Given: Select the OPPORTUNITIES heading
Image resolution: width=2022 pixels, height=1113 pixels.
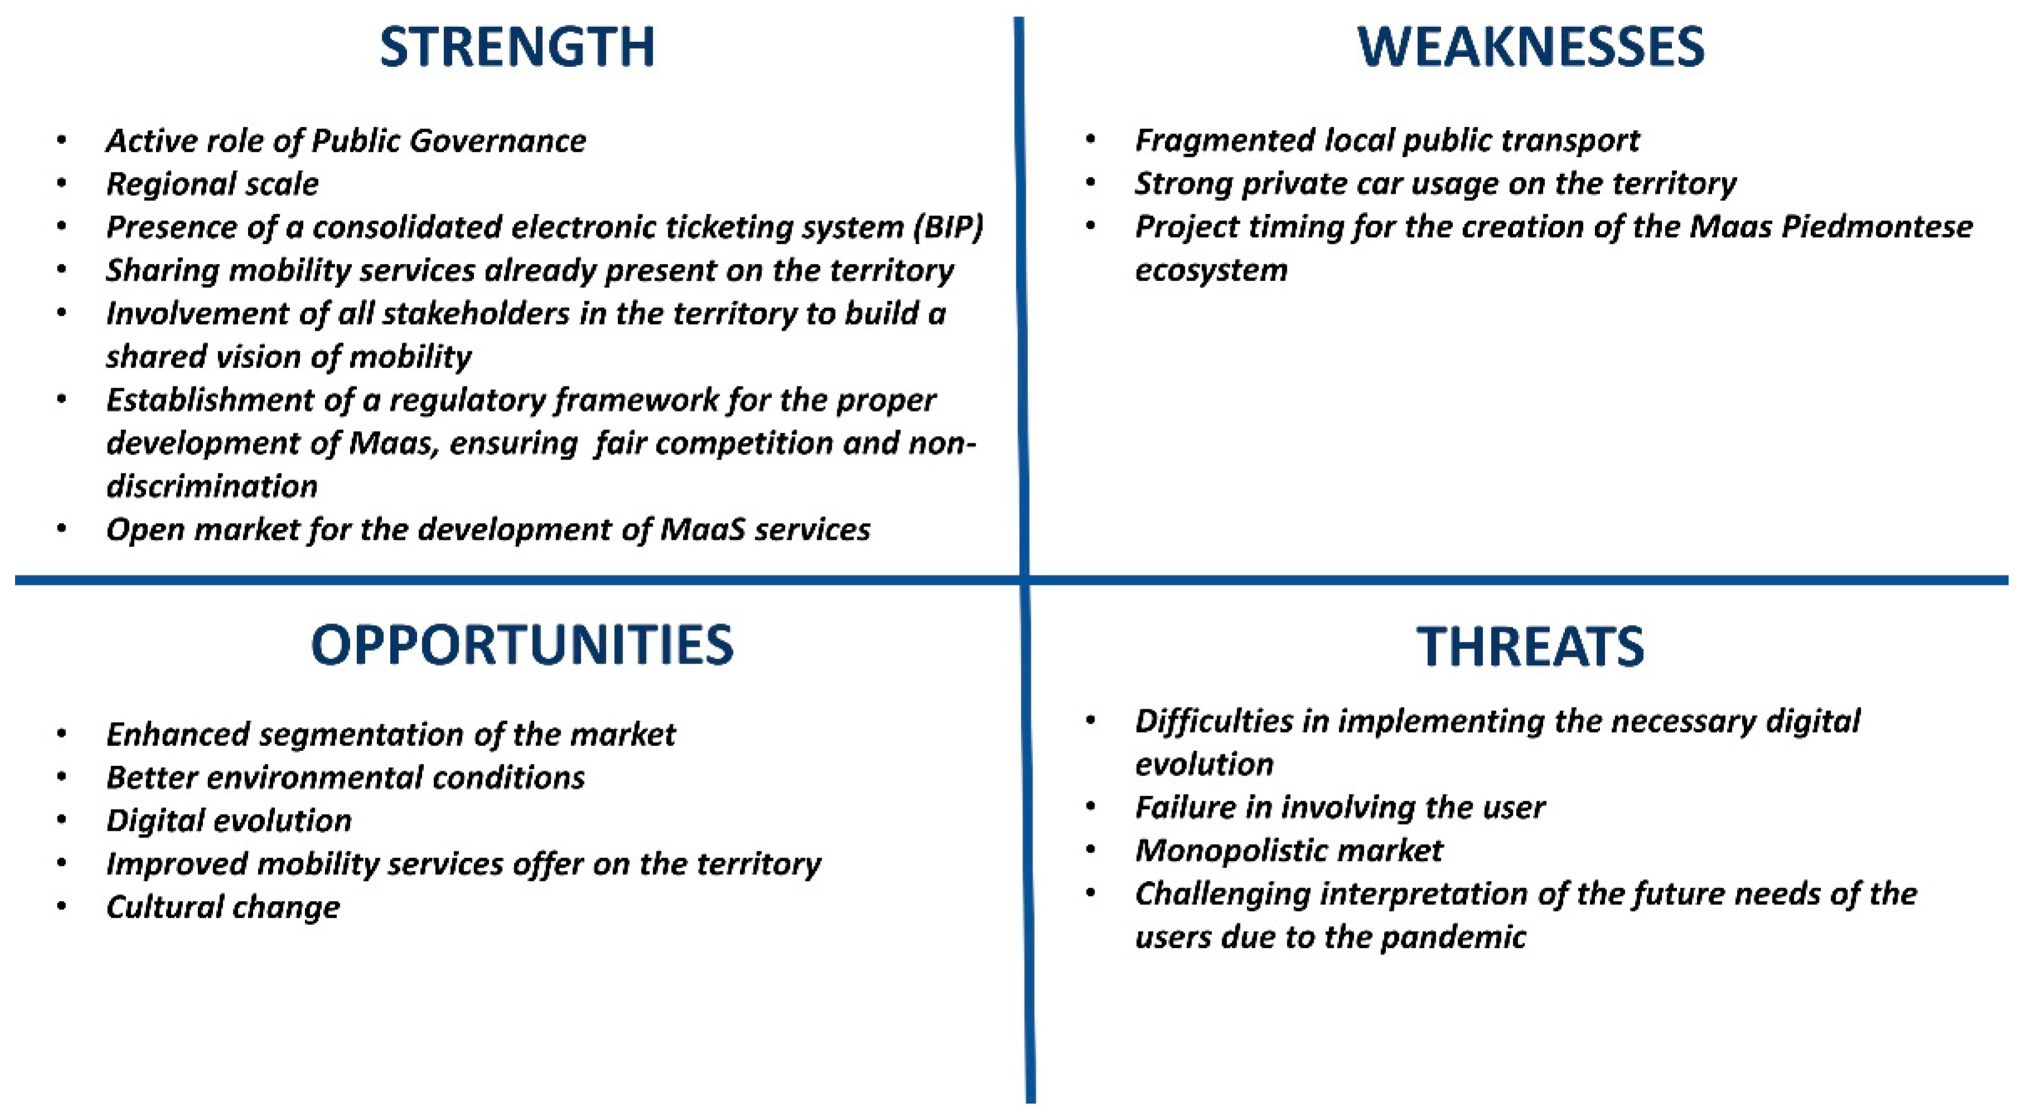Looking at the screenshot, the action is click(522, 646).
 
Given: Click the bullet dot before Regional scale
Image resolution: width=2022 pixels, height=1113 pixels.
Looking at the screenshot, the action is click(62, 185).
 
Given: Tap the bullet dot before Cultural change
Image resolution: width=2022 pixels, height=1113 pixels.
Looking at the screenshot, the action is click(62, 907).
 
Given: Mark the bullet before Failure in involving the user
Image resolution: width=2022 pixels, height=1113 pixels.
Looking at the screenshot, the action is click(1090, 807).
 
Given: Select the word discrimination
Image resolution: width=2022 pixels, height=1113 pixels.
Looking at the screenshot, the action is click(212, 487).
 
